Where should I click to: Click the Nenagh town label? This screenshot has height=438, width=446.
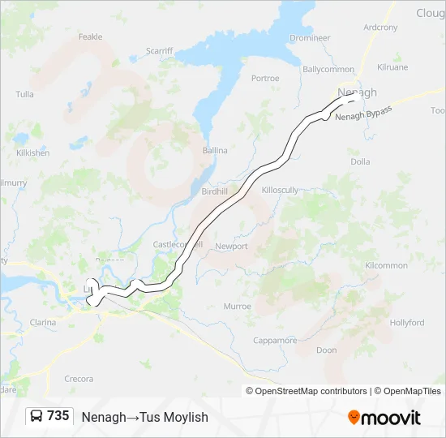pos(357,92)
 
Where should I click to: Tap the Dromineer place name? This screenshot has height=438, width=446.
pos(310,37)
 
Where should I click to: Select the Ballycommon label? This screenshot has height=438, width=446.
pos(328,69)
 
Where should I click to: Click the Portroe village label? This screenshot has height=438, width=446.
pos(265,79)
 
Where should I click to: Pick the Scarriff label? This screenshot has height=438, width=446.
pos(159,50)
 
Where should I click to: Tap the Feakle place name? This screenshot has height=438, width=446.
pos(90,36)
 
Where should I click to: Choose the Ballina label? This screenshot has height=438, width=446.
pos(215,150)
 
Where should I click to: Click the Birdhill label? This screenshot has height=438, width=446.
pos(215,191)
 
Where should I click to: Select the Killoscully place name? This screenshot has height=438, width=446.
pos(281,189)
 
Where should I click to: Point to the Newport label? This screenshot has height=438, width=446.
pos(231,246)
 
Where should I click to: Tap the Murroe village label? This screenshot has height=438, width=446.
pos(238,307)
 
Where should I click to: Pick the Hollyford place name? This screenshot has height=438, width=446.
pos(406,322)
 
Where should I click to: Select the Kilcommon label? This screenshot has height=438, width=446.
pos(386,265)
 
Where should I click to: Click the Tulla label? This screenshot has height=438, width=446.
pos(24,94)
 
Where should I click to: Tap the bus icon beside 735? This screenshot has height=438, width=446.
pos(36,416)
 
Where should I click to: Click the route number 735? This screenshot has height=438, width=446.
pos(58,416)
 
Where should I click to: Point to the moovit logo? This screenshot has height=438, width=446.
pos(384,418)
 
